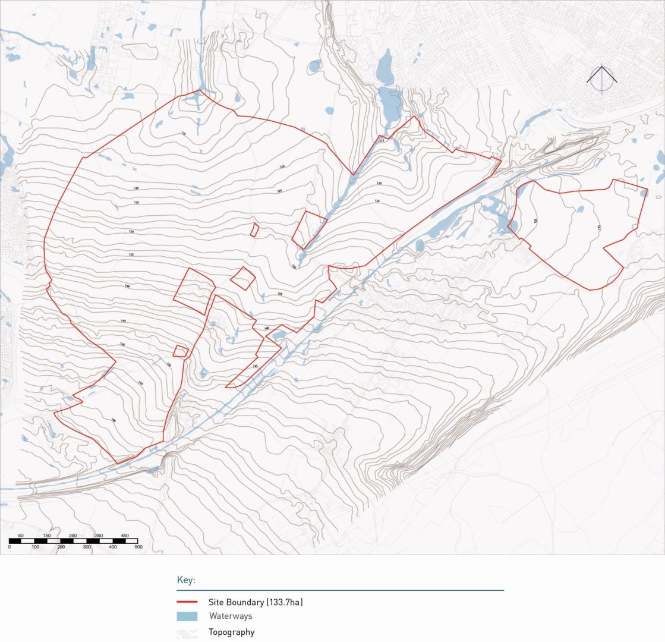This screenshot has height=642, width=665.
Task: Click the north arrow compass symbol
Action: pos(602,78)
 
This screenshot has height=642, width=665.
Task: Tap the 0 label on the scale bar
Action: pos(10,546)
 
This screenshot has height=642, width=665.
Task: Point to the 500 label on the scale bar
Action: pos(138,546)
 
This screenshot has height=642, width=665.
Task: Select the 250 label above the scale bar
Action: pos(73,536)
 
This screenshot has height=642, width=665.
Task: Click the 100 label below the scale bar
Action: pos(35,546)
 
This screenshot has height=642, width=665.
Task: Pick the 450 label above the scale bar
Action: pos(125,536)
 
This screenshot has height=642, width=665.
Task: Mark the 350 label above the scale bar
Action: pos(99,536)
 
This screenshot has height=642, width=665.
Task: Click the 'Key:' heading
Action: pos(186,580)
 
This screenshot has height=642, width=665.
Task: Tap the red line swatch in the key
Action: pos(187,602)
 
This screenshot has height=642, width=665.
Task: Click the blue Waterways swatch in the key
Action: pos(187,616)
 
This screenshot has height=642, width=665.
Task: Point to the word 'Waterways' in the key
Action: pos(231,616)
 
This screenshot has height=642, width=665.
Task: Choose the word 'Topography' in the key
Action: pos(231,632)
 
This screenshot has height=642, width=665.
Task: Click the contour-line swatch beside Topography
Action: pos(187,632)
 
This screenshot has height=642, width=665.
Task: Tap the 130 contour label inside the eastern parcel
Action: pos(535,221)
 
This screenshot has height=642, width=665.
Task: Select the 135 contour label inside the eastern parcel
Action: pos(599,227)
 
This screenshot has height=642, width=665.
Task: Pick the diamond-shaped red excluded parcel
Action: pos(242,278)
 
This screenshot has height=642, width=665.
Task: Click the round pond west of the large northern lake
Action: pos(315,65)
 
